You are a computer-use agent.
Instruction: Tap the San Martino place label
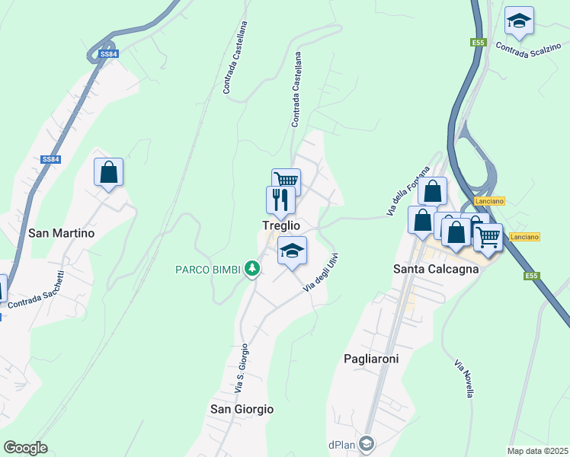coord(61,233)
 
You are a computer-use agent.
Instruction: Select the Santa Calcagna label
coord(436,268)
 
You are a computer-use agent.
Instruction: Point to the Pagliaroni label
coord(371,358)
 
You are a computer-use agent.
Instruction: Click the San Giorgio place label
coord(242,409)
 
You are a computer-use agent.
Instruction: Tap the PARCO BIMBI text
coord(208,269)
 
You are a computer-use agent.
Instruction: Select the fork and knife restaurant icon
coord(280,200)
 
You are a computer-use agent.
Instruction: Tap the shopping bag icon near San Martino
coord(109,172)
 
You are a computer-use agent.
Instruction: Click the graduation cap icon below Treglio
coord(292,250)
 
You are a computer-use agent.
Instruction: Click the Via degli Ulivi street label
coord(320,271)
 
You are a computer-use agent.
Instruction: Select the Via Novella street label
coord(463,378)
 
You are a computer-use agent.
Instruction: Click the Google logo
coord(26,448)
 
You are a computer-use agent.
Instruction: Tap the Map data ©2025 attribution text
coord(538,451)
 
